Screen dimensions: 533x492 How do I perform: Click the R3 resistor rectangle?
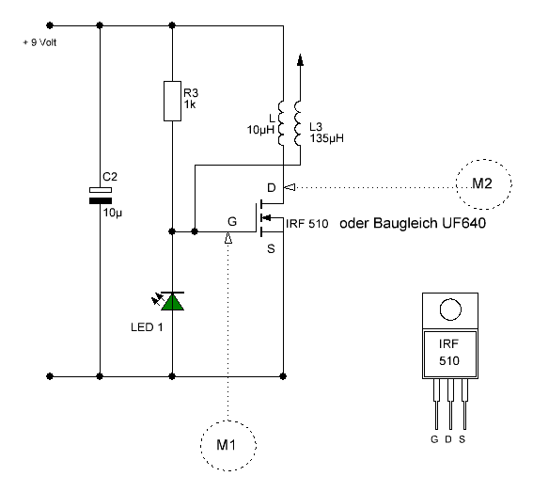click(172, 101)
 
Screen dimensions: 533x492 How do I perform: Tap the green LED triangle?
click(173, 302)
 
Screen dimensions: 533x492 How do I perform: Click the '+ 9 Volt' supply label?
click(39, 42)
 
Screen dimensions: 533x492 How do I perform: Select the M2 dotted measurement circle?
click(484, 159)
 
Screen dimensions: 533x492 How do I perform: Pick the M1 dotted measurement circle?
click(228, 421)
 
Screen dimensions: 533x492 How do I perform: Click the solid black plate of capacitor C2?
click(101, 201)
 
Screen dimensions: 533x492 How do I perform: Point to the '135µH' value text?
click(327, 138)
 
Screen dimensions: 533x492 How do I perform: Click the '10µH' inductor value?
click(260, 130)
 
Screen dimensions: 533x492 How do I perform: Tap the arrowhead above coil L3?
click(300, 59)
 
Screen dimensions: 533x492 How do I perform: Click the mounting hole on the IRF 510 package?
click(450, 309)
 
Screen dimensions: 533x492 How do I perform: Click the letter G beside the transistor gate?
click(232, 221)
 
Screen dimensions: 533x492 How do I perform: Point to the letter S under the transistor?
click(271, 249)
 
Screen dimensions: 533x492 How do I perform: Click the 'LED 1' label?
click(147, 327)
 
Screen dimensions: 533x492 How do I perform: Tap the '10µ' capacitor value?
click(113, 213)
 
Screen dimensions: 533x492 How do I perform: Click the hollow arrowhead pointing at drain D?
click(290, 187)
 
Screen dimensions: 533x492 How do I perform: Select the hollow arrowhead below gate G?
click(228, 238)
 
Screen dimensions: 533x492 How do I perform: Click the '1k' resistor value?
click(190, 104)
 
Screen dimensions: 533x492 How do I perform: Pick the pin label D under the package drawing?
click(448, 439)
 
